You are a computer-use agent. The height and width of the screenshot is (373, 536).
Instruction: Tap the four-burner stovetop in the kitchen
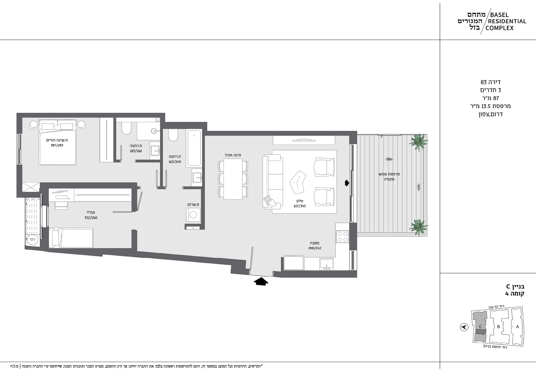(342, 237)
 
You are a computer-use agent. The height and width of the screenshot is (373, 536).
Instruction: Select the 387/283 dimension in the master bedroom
(57, 145)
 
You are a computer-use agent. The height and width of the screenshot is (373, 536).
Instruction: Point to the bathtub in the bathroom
(194, 148)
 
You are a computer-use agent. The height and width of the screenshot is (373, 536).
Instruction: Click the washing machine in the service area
(193, 215)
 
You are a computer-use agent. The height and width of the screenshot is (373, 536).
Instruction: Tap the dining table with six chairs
(233, 179)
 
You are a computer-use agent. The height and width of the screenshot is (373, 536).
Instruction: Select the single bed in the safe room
(71, 238)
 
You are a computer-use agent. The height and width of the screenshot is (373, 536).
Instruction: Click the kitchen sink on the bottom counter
(326, 264)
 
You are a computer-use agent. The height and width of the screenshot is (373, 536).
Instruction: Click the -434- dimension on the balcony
(419, 188)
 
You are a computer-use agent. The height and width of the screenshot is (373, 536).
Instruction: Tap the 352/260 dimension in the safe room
(91, 218)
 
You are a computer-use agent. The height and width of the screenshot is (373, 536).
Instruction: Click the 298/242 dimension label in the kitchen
(315, 248)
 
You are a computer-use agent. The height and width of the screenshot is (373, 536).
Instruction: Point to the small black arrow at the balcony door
(347, 183)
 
